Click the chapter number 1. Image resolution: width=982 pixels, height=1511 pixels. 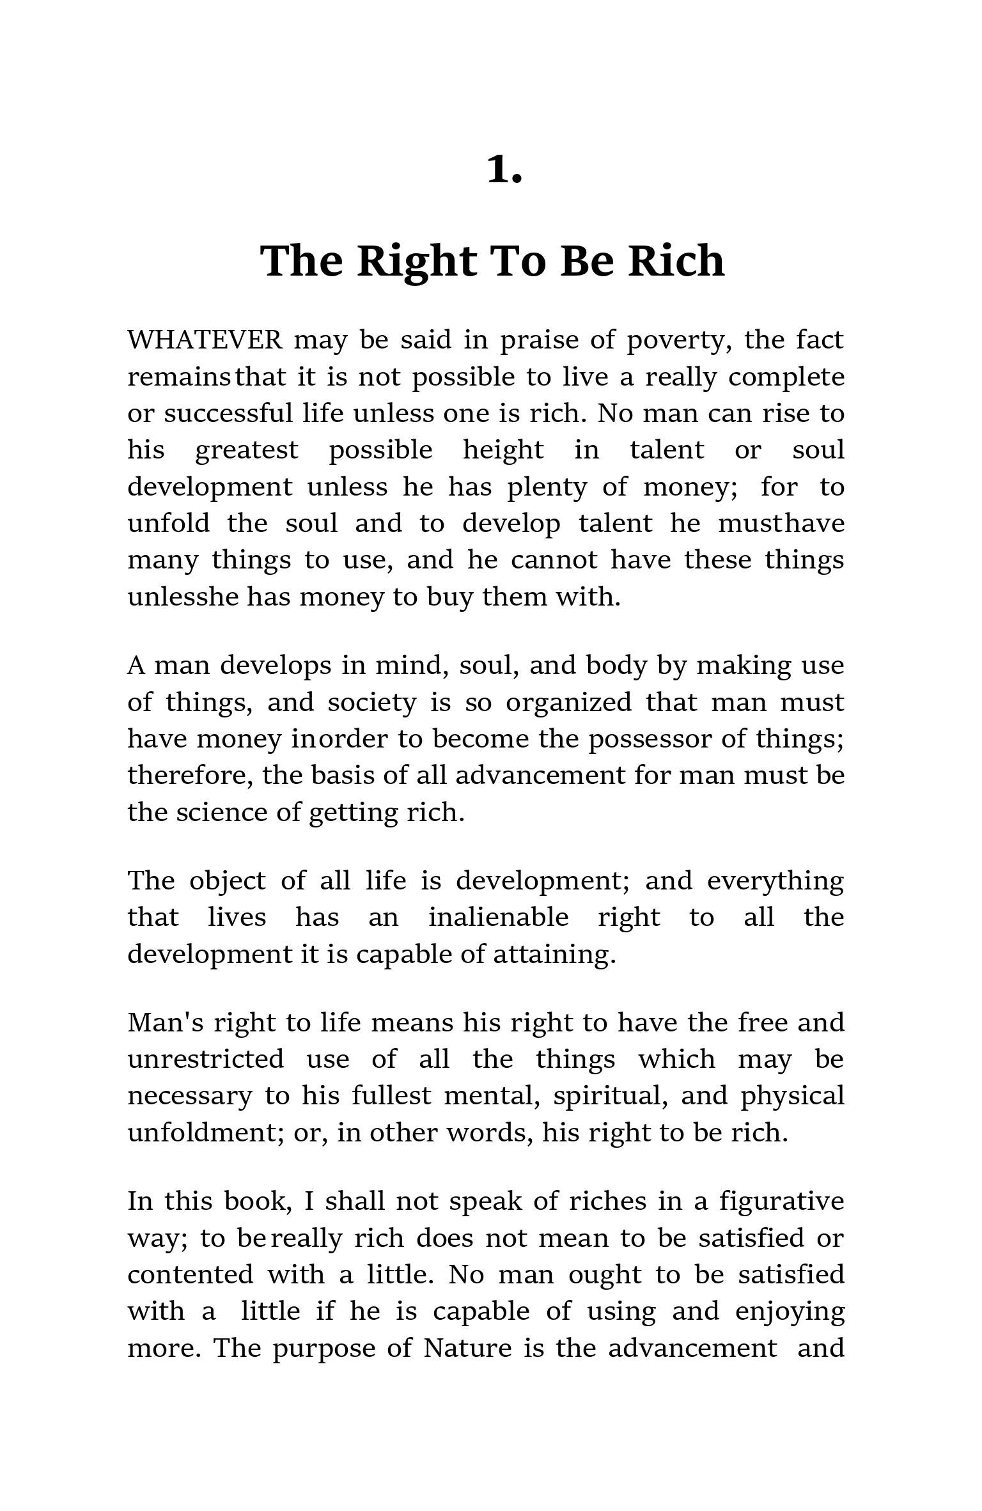tap(504, 171)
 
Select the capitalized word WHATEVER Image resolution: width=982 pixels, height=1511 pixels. tap(205, 340)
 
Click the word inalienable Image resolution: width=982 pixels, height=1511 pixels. tap(498, 918)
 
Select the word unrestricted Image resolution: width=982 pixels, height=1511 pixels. tap(206, 1060)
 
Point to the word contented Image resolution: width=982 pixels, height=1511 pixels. tap(191, 1275)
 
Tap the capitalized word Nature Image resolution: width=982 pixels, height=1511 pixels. tap(467, 1349)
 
